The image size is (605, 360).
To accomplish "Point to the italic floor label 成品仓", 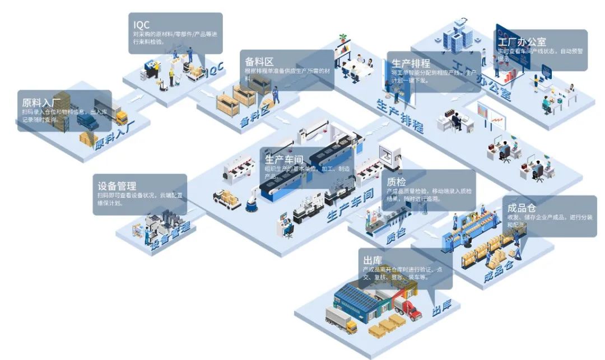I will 498,271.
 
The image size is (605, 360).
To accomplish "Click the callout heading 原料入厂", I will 42,102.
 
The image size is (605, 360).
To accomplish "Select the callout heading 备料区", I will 259,61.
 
